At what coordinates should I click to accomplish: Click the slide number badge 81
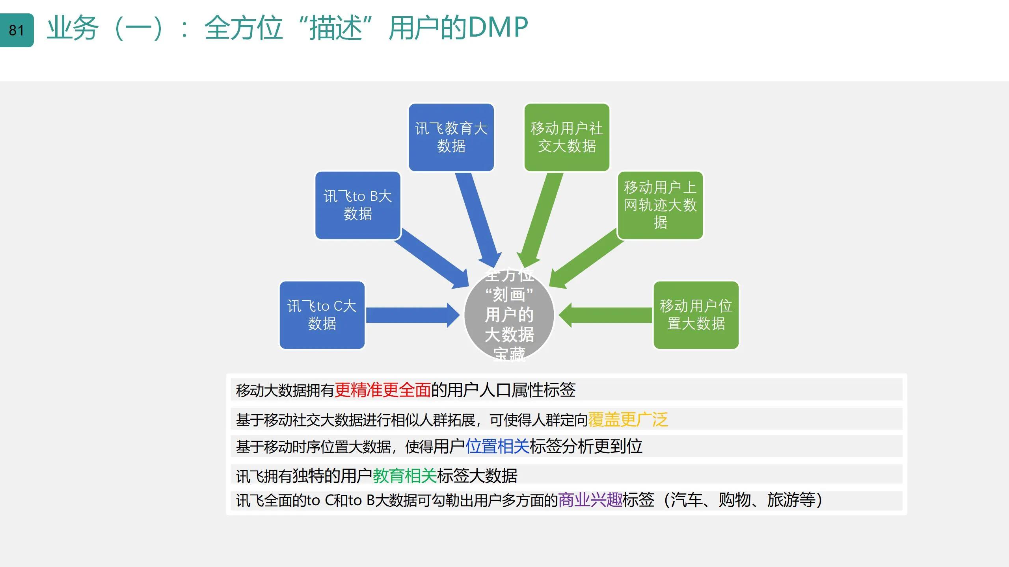pos(17,30)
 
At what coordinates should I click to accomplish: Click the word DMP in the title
pos(498,28)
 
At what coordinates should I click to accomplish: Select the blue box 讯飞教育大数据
pos(451,137)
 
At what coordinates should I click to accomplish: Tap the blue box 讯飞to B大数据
pos(357,205)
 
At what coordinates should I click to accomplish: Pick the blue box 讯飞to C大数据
pos(322,315)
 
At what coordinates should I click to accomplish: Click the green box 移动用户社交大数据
pos(566,137)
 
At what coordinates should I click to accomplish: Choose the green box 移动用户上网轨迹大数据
pos(660,205)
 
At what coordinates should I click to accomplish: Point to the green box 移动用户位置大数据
pos(696,315)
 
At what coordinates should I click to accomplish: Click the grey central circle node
pos(509,315)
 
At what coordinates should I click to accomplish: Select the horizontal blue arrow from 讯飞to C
pos(410,315)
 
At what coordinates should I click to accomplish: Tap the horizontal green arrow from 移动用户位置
pos(607,315)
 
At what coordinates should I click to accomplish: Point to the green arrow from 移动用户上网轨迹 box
pos(587,258)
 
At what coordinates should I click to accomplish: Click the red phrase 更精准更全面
pos(382,390)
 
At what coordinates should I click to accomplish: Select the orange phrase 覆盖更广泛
pos(628,419)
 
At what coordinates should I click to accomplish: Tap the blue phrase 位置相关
pos(497,446)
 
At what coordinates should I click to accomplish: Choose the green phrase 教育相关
pos(404,475)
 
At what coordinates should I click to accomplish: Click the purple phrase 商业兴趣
pos(590,500)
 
